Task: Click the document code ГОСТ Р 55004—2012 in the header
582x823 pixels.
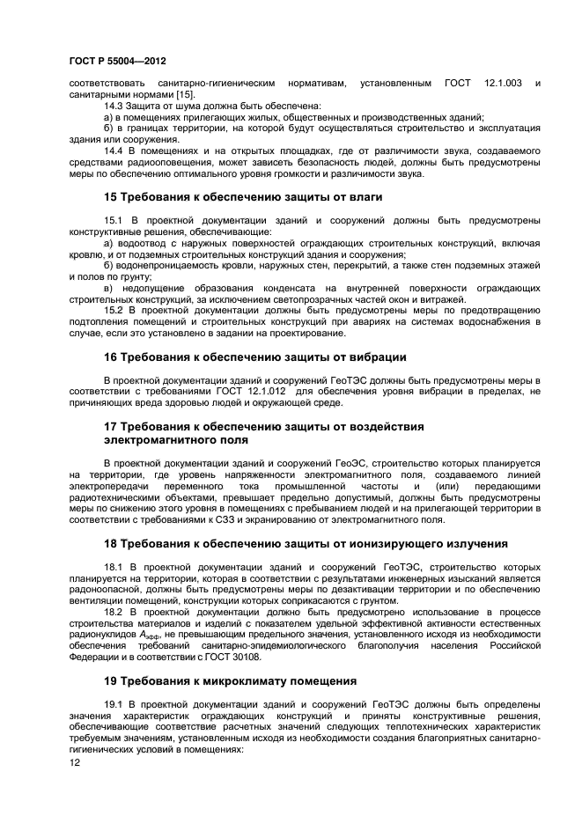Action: [117, 61]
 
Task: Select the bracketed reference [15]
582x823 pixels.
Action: [182, 94]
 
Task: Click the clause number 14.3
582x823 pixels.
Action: [115, 106]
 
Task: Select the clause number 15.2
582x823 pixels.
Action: [115, 310]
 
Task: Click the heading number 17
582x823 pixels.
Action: [112, 426]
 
